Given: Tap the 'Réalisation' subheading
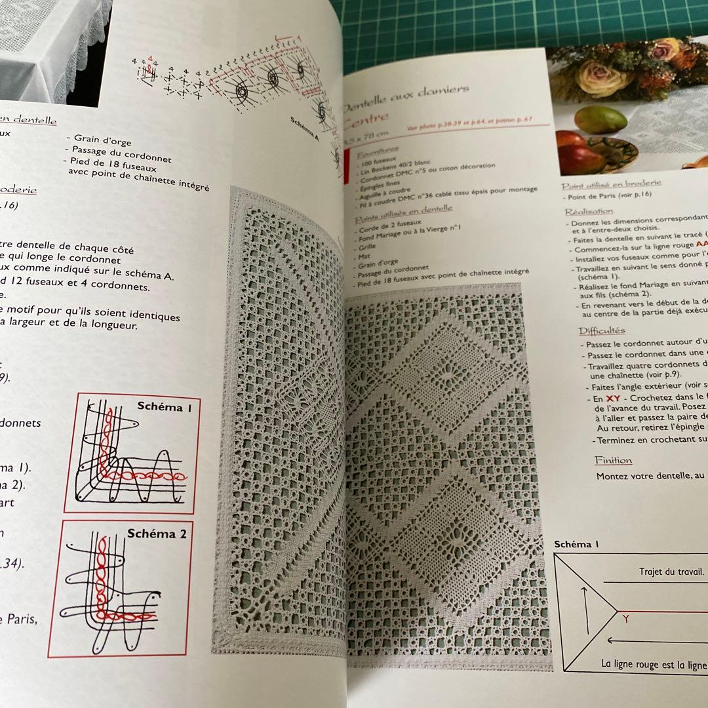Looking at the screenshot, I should (x=589, y=212).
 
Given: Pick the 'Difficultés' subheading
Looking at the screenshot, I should (x=602, y=330).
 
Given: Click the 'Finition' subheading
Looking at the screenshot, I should (x=614, y=460).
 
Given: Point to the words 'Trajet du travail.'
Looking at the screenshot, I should (x=671, y=572).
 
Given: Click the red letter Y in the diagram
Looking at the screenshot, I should (x=626, y=618).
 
